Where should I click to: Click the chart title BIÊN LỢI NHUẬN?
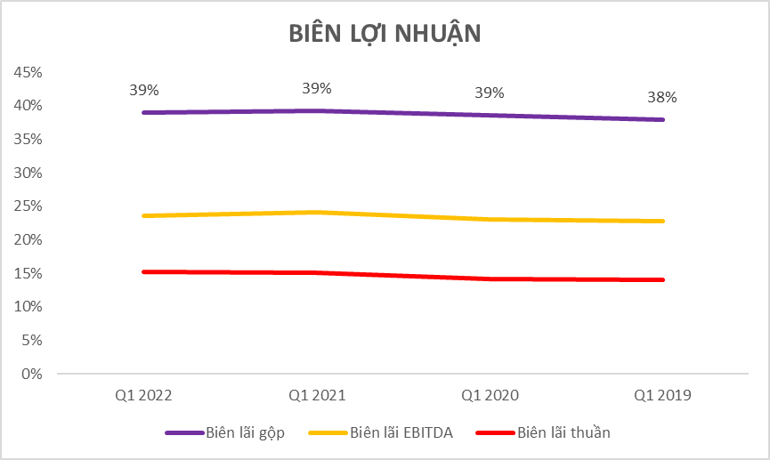pos(385,33)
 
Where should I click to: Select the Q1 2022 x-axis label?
pos(143,394)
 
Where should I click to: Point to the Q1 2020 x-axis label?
pos(490,394)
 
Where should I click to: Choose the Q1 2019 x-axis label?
pos(662,394)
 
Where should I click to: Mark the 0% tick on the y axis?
pos(33,374)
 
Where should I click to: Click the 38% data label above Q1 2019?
pos(662,97)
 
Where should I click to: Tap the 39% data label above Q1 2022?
pos(143,90)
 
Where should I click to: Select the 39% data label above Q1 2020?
pos(490,93)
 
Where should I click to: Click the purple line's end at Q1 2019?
pos(662,119)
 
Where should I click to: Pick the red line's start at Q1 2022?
pos(143,271)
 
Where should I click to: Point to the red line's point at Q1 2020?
pos(490,278)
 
